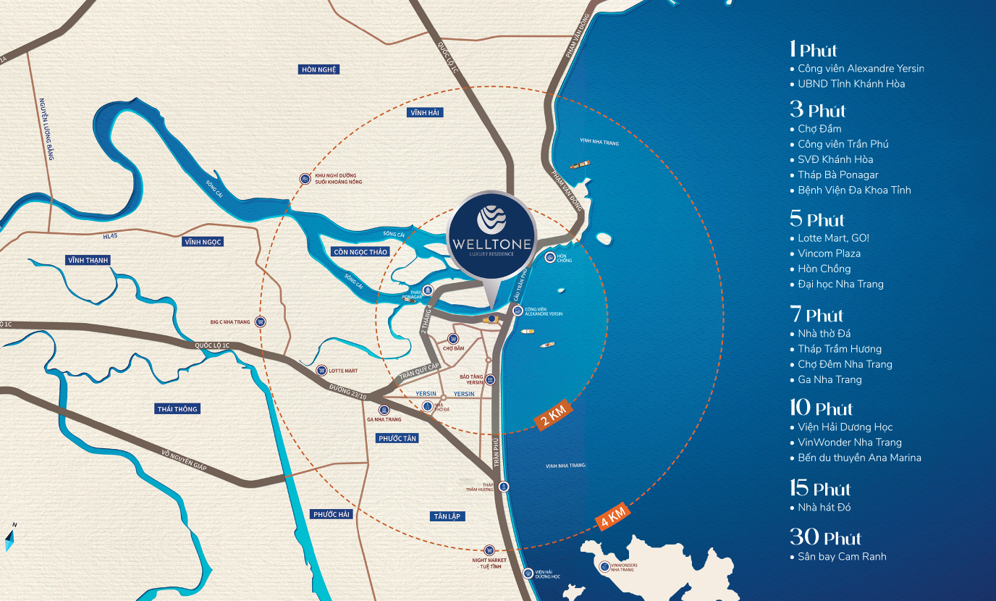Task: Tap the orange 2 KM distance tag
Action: [x=554, y=417]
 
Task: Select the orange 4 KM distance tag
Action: [x=612, y=517]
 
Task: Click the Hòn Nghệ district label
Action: [x=319, y=70]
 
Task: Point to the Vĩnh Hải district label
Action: [x=425, y=112]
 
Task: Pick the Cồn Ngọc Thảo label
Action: [x=360, y=251]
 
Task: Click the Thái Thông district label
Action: [x=177, y=409]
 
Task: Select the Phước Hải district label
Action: [x=332, y=514]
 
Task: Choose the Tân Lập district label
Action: [x=446, y=516]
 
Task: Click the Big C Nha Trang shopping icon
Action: [x=261, y=321]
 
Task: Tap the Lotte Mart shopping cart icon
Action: [x=321, y=370]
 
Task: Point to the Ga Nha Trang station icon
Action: [x=384, y=410]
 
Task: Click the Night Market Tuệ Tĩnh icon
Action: [x=489, y=550]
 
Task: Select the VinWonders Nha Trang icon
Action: [x=604, y=566]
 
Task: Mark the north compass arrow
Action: [x=10, y=536]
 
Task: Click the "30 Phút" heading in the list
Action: [x=825, y=537]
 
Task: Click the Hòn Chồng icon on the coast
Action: [x=551, y=257]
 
